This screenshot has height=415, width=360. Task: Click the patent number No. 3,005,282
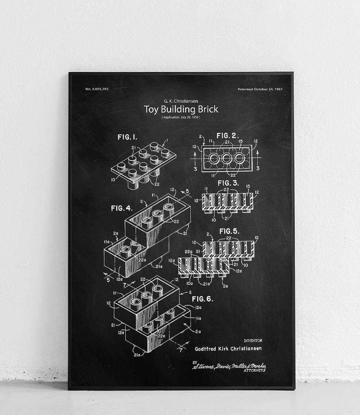(x=97, y=89)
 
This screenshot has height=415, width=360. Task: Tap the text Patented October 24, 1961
(x=260, y=89)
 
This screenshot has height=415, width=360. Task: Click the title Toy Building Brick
(x=181, y=109)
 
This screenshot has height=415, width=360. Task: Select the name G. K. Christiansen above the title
(x=181, y=100)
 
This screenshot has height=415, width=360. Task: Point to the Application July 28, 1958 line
(x=181, y=117)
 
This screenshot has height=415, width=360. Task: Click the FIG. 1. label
(x=127, y=137)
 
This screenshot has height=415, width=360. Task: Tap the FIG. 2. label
(x=227, y=136)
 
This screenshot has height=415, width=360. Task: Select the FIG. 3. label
(x=228, y=183)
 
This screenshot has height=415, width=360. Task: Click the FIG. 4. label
(x=121, y=208)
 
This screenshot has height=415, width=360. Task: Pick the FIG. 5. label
(x=229, y=231)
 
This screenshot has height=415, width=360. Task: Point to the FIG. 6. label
(x=202, y=299)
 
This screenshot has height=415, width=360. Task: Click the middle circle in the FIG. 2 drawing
(x=227, y=158)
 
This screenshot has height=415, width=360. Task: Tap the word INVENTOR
(x=253, y=340)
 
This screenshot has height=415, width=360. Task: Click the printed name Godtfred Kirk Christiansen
(x=228, y=349)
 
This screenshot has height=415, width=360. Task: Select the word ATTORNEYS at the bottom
(x=255, y=370)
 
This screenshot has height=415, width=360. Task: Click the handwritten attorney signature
(x=229, y=366)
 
